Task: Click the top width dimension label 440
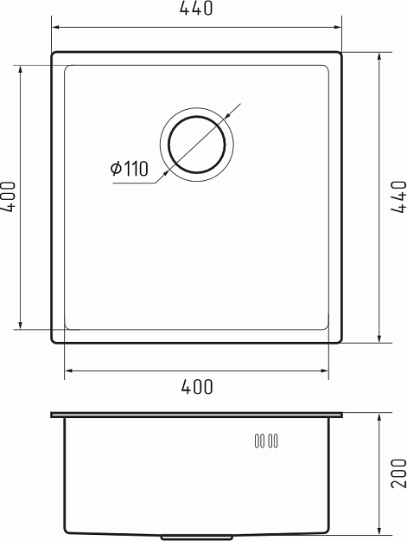click(197, 10)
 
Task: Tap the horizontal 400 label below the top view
click(197, 387)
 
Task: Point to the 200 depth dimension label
click(397, 473)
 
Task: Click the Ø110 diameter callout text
click(130, 170)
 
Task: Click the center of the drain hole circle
click(197, 143)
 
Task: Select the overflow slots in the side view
click(265, 441)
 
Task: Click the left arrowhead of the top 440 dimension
click(55, 24)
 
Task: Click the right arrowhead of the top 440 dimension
click(340, 24)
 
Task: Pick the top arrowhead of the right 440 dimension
click(379, 55)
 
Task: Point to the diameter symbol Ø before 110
click(116, 170)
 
